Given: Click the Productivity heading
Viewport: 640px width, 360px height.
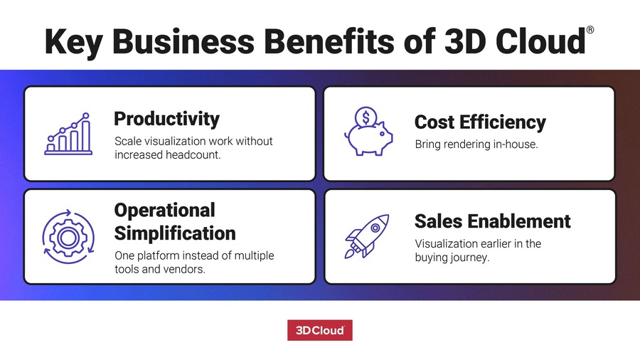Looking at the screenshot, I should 166,118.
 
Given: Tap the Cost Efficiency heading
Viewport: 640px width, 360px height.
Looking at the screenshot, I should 480,122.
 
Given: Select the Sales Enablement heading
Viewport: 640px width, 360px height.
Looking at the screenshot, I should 492,221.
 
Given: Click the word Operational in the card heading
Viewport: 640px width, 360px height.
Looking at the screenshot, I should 164,211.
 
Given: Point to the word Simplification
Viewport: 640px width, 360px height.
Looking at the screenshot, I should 175,233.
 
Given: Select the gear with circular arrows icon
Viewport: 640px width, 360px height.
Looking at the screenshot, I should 68,233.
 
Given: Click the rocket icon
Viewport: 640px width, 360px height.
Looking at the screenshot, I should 367,235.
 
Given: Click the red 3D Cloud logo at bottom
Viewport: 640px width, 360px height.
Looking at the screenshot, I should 320,331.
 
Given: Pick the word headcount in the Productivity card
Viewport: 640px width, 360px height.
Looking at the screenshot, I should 191,154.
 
